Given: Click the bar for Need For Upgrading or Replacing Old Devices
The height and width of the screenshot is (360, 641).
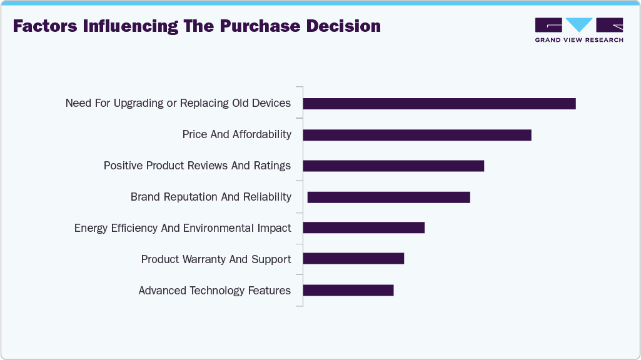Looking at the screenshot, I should coord(439,104).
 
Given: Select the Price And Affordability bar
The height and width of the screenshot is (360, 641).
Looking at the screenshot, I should coord(417,135).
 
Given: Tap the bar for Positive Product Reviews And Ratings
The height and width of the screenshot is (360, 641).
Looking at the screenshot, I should coord(393,166).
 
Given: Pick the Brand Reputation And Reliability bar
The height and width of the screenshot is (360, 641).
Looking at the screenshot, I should coord(388,197).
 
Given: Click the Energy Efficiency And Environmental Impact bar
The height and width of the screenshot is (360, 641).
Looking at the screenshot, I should coord(363,227).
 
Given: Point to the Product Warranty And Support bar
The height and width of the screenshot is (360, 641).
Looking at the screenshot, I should coord(353,259).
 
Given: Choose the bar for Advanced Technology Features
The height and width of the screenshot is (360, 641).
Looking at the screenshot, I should coord(348,290).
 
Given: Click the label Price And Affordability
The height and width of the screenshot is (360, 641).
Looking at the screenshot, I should coord(236,134).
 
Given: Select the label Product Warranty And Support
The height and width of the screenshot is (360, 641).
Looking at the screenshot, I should coord(216,259).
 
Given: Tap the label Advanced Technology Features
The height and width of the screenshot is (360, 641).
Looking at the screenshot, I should coord(215,291).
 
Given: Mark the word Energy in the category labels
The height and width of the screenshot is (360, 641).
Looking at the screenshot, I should coord(91,228).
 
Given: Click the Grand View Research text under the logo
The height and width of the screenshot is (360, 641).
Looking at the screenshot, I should coord(579,40).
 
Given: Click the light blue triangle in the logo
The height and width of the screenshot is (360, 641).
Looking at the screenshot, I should coord(579,25).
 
